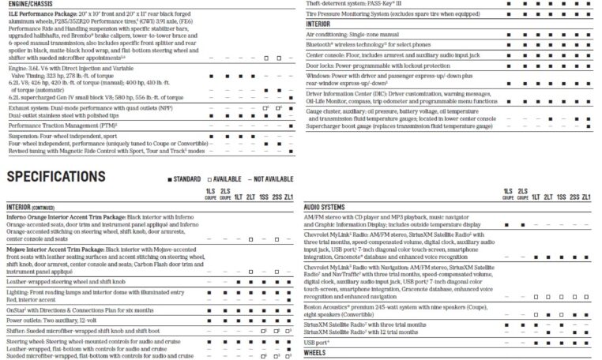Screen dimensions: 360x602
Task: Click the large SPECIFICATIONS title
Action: pyautogui.click(x=75, y=176)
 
